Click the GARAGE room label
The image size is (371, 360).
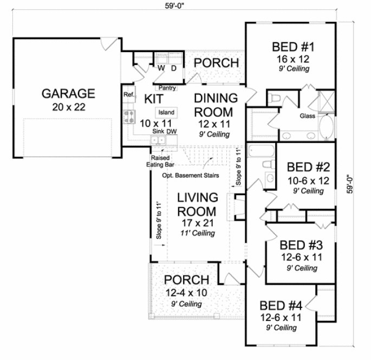[x=68, y=93]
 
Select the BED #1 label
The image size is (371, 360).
[x=294, y=47]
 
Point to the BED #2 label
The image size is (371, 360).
[x=305, y=166]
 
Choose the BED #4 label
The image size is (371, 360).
[x=280, y=305]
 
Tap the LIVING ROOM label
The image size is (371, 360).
[x=198, y=204]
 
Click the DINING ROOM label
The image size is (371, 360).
[x=216, y=105]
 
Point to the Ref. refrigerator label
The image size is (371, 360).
[x=128, y=94]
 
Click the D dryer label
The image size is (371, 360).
[x=174, y=69]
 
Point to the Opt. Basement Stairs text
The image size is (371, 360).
[x=189, y=176]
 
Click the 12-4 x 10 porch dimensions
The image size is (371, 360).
[x=186, y=293]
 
